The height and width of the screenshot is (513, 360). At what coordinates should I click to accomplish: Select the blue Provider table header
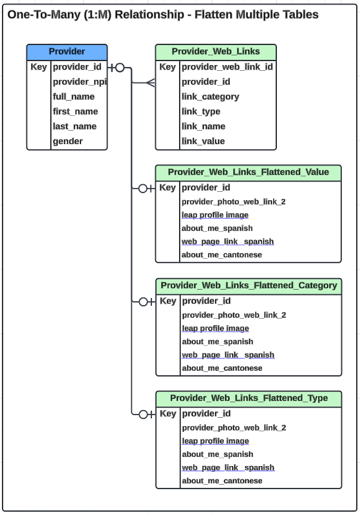pyautogui.click(x=67, y=51)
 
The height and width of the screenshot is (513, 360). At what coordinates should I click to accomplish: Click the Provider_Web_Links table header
pyautogui.click(x=216, y=51)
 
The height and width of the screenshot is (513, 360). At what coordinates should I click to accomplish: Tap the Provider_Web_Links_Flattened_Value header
pyautogui.click(x=248, y=172)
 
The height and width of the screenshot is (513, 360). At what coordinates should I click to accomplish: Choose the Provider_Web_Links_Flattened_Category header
pyautogui.click(x=249, y=285)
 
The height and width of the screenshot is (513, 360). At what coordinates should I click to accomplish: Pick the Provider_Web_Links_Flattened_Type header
pyautogui.click(x=249, y=398)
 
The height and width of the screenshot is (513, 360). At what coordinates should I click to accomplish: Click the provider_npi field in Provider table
pyautogui.click(x=79, y=82)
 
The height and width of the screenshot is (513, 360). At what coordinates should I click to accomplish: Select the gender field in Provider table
pyautogui.click(x=68, y=141)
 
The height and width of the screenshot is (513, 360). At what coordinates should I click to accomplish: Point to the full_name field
pyautogui.click(x=73, y=97)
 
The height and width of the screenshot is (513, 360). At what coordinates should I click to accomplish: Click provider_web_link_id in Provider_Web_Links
pyautogui.click(x=227, y=67)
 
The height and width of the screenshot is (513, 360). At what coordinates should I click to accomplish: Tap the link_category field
pyautogui.click(x=210, y=97)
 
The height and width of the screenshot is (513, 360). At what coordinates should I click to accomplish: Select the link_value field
pyautogui.click(x=203, y=141)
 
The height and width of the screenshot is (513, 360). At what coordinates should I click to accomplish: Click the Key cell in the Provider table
pyautogui.click(x=39, y=67)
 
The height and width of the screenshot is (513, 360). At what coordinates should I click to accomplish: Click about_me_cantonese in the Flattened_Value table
pyautogui.click(x=222, y=255)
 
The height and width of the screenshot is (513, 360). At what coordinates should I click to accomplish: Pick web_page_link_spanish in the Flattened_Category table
pyautogui.click(x=228, y=355)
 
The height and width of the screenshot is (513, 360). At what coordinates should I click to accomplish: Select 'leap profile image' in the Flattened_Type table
pyautogui.click(x=215, y=441)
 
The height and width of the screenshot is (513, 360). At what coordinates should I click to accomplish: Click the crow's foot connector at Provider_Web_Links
pyautogui.click(x=149, y=82)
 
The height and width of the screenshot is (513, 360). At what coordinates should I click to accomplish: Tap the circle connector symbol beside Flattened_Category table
pyautogui.click(x=144, y=301)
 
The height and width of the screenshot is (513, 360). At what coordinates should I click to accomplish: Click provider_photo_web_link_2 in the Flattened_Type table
pyautogui.click(x=234, y=427)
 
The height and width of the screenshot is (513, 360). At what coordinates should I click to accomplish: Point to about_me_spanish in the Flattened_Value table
pyautogui.click(x=217, y=228)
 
